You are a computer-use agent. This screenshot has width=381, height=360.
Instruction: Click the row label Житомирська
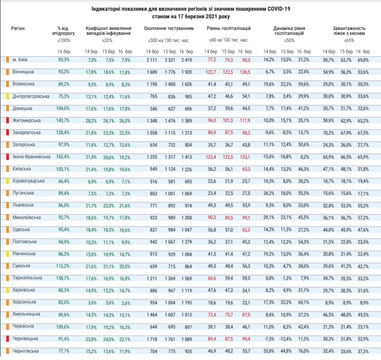pyautogui.click(x=26, y=121)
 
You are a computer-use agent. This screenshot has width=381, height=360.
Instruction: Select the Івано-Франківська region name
pyautogui.click(x=31, y=157)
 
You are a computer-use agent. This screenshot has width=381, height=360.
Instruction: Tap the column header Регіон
pyautogui.click(x=18, y=29)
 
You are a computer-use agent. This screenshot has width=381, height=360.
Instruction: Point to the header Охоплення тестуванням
pyautogui.click(x=169, y=29)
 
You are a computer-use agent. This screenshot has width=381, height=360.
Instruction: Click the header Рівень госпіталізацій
pyautogui.click(x=229, y=29)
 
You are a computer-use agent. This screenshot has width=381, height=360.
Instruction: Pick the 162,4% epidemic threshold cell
pyautogui.click(x=63, y=157)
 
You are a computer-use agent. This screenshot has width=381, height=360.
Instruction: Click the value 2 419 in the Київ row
pyautogui.click(x=186, y=60)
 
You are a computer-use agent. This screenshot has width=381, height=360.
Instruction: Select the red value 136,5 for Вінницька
pyautogui.click(x=245, y=72)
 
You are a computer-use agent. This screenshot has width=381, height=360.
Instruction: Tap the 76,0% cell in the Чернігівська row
pyautogui.click(x=303, y=351)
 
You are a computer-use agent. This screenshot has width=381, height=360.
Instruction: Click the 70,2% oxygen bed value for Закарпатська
pyautogui.click(x=328, y=133)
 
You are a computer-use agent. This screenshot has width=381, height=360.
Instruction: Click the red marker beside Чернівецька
pyautogui.click(x=8, y=339)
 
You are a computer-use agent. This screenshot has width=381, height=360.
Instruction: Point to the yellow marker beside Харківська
pyautogui.click(x=8, y=290)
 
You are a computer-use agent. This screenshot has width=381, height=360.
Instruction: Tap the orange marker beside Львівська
pyautogui.click(x=8, y=205)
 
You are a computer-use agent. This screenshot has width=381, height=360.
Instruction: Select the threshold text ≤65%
pyautogui.click(x=349, y=41)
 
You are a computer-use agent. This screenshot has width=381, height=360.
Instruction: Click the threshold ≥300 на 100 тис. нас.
pyautogui.click(x=169, y=40)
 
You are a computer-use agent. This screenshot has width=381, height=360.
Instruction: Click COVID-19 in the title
pyautogui.click(x=279, y=9)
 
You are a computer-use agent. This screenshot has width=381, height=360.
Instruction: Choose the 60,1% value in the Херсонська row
pyautogui.click(x=303, y=302)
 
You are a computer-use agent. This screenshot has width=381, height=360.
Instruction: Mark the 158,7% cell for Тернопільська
pyautogui.click(x=63, y=278)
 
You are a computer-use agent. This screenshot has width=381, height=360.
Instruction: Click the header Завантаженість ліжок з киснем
pyautogui.click(x=349, y=31)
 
